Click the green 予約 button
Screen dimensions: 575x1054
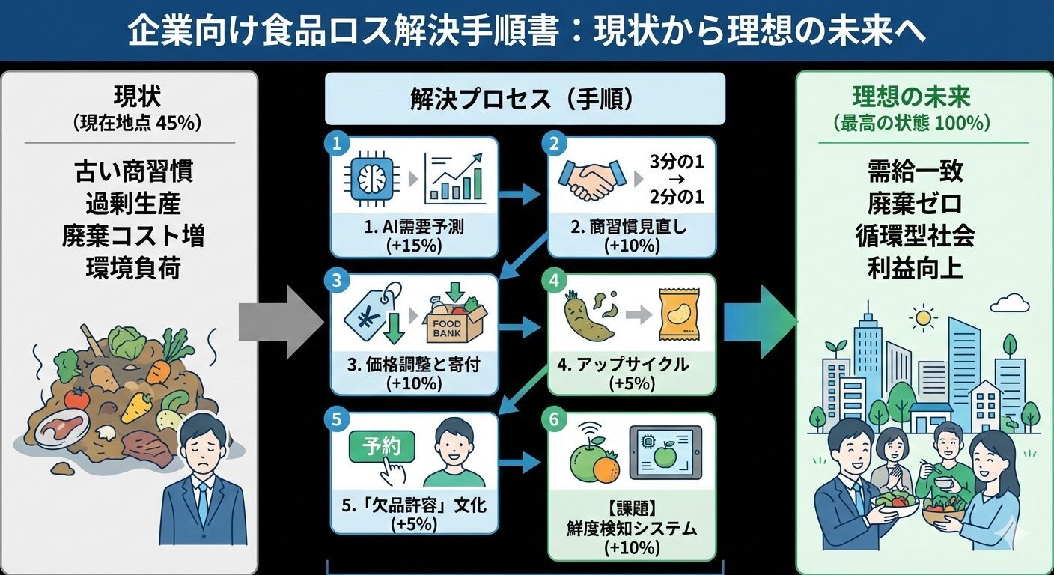pyautogui.click(x=383, y=448)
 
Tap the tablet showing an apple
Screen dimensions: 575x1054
pyautogui.click(x=665, y=454)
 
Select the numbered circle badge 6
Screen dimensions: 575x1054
pyautogui.click(x=554, y=420)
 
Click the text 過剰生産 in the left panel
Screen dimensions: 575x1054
pyautogui.click(x=132, y=204)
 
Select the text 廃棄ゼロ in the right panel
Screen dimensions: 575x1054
pyautogui.click(x=914, y=204)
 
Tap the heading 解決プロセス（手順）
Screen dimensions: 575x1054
pyautogui.click(x=524, y=99)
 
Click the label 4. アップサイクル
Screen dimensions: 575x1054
pyautogui.click(x=623, y=365)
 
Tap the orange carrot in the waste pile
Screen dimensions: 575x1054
pyautogui.click(x=159, y=371)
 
